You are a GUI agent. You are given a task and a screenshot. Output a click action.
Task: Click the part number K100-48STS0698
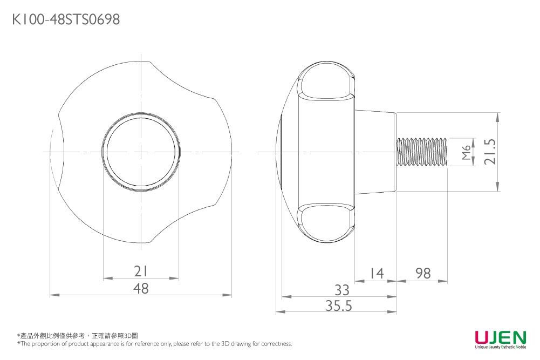pyautogui.click(x=66, y=20)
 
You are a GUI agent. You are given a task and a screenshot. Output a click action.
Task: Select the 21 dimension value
pyautogui.click(x=141, y=271)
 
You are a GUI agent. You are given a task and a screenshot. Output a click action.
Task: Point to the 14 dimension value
pyautogui.click(x=376, y=274)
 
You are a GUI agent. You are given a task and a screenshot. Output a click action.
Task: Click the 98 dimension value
pyautogui.click(x=423, y=274)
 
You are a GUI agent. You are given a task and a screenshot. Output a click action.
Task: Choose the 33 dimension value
pyautogui.click(x=341, y=289)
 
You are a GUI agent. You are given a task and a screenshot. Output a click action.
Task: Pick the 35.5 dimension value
pyautogui.click(x=339, y=306)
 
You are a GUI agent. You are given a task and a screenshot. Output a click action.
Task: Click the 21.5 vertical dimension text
pyautogui.click(x=490, y=152)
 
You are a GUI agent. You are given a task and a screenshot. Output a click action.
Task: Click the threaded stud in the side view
pyautogui.click(x=422, y=152)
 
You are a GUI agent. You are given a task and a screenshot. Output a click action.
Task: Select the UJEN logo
pyautogui.click(x=500, y=338)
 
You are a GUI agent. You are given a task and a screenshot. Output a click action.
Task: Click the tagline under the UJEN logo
pyautogui.click(x=500, y=347)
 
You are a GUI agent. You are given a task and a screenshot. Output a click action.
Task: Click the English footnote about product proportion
pyautogui.click(x=154, y=344)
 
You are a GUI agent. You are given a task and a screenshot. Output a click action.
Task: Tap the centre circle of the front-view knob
pyautogui.click(x=141, y=152)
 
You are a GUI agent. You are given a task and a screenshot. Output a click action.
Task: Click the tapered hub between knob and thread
pyautogui.click(x=375, y=152)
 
